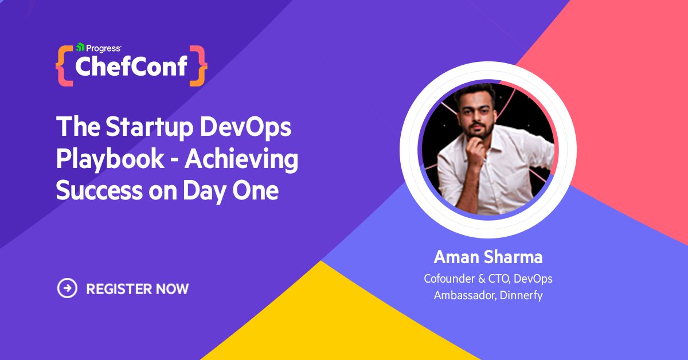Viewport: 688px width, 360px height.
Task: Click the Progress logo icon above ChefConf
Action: coord(80,48)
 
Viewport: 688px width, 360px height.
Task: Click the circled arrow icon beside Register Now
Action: coord(67,288)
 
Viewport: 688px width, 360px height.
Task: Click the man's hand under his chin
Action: coord(478,150)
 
